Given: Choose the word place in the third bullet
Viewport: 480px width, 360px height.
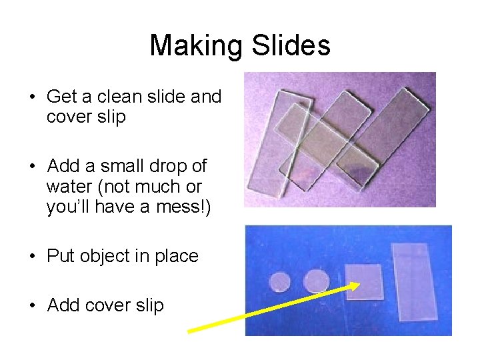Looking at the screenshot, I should [x=176, y=257].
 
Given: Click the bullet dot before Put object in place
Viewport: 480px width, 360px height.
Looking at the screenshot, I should [x=32, y=257].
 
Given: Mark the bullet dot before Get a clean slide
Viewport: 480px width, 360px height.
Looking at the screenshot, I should [x=32, y=97].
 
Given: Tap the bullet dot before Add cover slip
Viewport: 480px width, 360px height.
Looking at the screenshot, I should [x=32, y=305].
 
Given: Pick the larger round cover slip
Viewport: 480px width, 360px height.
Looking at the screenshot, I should [x=316, y=281].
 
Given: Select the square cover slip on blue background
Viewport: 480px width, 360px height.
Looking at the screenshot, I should [x=364, y=281].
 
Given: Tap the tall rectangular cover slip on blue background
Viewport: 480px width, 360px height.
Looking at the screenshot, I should [x=412, y=281].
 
